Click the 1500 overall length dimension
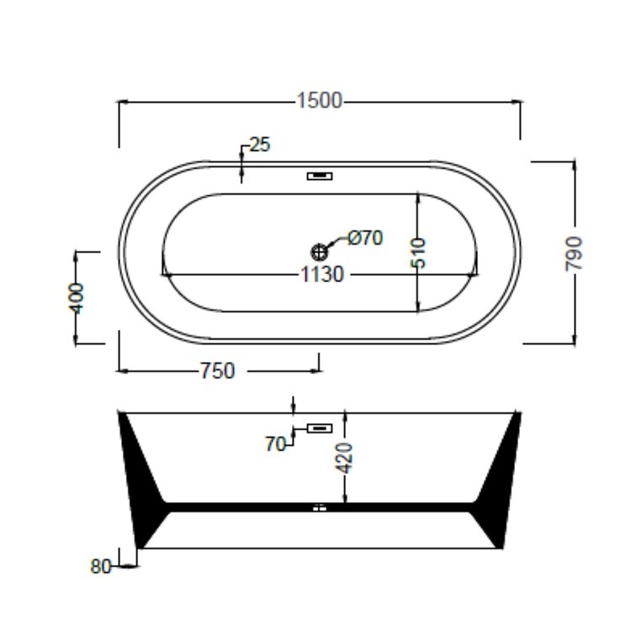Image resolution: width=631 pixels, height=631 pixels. point(319,101)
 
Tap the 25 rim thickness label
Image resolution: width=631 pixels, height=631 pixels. point(260,145)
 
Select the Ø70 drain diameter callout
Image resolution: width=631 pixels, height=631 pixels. point(365,238)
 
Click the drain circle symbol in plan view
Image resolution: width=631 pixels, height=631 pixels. point(320,250)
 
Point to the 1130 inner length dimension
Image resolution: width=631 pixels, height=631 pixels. point(322,274)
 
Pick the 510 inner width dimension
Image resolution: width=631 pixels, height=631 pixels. point(419,252)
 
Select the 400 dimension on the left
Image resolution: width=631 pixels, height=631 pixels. point(77,297)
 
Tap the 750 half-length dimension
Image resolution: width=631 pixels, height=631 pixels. point(216,370)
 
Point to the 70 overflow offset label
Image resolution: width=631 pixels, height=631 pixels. point(276,445)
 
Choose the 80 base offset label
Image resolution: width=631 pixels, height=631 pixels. point(100,566)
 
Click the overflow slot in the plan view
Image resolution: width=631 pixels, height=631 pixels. point(320,177)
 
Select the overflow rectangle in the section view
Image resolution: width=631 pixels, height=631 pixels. point(320,428)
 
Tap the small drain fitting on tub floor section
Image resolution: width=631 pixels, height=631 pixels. point(319,506)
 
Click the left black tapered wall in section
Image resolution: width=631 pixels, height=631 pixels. point(144,480)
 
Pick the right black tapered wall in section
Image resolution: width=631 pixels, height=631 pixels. point(496,480)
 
